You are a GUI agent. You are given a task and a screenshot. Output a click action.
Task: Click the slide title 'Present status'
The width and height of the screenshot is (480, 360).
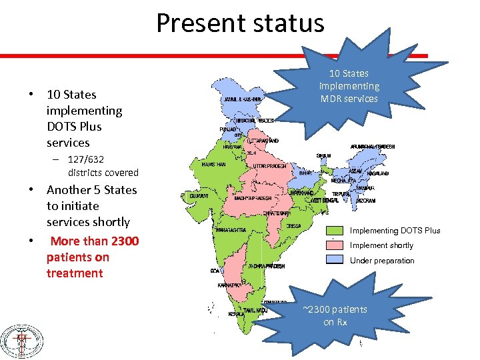pos(240,23)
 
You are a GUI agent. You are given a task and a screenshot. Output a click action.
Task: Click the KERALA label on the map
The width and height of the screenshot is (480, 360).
pos(235,313)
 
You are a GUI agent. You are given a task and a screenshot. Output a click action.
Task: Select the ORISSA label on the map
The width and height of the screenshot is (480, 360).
pos(294,225)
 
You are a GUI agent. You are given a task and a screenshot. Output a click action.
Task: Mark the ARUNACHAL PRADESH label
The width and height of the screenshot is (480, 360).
pos(373,147)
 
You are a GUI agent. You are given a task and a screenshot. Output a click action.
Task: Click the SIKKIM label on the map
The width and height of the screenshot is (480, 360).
pos(323,155)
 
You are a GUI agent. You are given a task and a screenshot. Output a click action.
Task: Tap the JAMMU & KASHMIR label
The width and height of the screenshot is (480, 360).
pos(241,99)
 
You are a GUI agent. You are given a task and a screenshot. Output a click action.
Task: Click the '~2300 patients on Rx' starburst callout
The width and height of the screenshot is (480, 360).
pos(334,315)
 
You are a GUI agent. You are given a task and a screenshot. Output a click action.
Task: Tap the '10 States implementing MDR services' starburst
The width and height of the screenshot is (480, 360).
pos(349,86)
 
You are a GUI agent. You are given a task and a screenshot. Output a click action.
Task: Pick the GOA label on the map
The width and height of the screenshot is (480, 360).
pos(213,271)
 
